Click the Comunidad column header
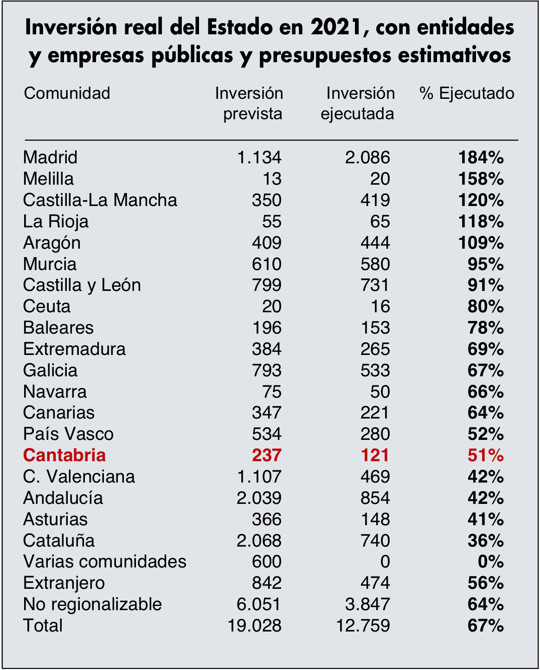67,93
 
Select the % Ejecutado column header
467,93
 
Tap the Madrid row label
50,157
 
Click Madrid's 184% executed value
481,157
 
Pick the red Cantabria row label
64,455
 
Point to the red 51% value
486,455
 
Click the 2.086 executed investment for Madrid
367,157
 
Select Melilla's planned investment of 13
272,179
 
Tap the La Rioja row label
56,221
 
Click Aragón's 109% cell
481,243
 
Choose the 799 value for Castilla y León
267,285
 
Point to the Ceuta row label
47,306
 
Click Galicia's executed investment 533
375,370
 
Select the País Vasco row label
69,434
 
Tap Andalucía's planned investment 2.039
259,497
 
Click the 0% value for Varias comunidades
491,561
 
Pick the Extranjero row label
64,583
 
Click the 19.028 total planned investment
255,625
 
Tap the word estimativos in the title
455,55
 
